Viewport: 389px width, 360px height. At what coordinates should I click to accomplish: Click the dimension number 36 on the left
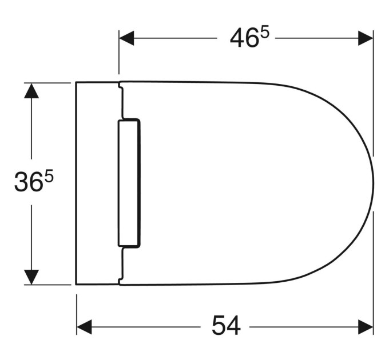click(x=28, y=182)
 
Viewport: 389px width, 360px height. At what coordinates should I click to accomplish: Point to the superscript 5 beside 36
click(x=49, y=177)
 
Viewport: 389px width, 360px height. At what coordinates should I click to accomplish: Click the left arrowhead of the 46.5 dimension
click(x=126, y=38)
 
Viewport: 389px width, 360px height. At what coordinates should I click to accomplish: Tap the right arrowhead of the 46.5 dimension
click(x=366, y=38)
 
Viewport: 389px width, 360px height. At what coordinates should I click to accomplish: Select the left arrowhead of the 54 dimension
click(x=84, y=327)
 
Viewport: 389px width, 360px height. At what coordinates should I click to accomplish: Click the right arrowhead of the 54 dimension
click(x=366, y=327)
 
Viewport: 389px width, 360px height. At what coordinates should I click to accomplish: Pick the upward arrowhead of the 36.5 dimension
click(x=31, y=91)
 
